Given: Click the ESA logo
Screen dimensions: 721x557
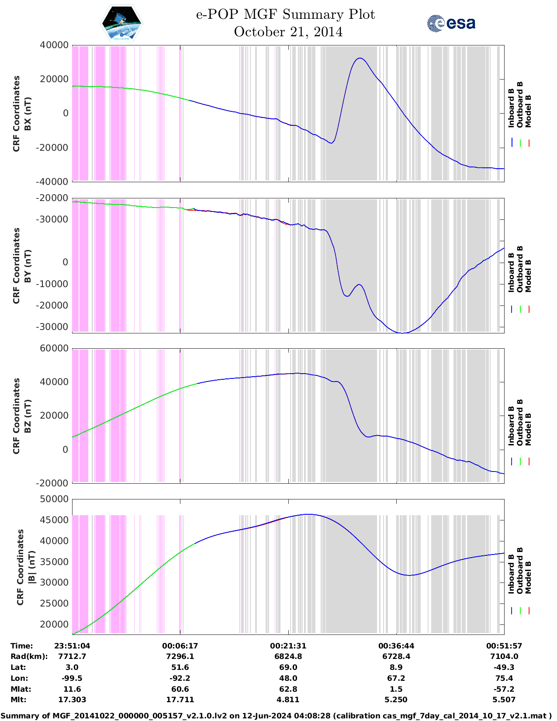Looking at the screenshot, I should (451, 23).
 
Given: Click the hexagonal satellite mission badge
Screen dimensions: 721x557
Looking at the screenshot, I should (122, 23).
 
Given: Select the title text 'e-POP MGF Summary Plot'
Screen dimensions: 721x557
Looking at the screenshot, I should (285, 15).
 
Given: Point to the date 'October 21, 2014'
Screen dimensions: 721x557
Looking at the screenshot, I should (288, 32).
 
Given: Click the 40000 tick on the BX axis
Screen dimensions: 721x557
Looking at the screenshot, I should (54, 45).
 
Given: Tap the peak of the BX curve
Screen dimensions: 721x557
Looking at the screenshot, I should (360, 58).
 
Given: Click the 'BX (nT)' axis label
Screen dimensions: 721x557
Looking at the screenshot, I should (28, 113).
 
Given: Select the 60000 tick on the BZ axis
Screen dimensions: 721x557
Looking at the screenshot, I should (54, 348).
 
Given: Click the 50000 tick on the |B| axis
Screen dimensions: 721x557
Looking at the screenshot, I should (54, 499).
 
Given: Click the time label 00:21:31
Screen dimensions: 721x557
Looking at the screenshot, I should (288, 646).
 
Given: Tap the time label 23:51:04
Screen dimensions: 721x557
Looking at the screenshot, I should (72, 646).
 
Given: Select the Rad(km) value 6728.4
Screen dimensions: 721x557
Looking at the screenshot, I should (396, 656).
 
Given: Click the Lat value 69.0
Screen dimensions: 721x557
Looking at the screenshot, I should (288, 667).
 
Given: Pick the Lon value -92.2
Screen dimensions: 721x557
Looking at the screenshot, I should (180, 678).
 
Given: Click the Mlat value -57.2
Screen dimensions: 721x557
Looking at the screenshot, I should (504, 689).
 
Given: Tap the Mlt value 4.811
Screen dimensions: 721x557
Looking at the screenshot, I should (288, 700).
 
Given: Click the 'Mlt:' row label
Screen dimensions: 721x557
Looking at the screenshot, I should (18, 700).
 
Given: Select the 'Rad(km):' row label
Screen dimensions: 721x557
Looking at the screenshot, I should (29, 656).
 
